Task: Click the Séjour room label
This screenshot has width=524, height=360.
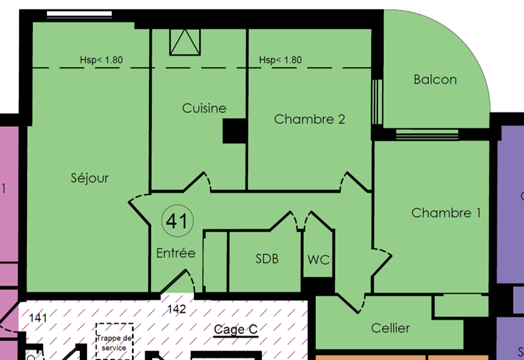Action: tap(89, 178)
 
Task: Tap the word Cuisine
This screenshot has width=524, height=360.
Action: tap(204, 108)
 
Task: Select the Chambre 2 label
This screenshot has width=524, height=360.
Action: tap(310, 119)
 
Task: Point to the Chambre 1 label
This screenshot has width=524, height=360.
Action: tap(446, 213)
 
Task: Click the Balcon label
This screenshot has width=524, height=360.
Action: tap(435, 79)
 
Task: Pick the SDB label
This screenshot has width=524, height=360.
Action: tap(267, 258)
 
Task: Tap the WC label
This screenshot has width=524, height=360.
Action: tap(318, 260)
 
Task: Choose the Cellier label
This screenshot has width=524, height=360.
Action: tap(390, 328)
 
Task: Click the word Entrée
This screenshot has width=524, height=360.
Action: tap(176, 253)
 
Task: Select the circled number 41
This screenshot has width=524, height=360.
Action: tap(177, 221)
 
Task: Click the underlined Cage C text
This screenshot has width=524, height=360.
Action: tap(235, 330)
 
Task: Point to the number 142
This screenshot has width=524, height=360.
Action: tap(176, 309)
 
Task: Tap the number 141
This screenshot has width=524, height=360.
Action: tap(38, 318)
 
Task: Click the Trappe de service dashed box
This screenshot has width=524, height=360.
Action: tap(114, 342)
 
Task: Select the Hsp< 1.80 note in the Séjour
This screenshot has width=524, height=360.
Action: tap(102, 60)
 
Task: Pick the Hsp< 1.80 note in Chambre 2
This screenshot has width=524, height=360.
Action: tap(280, 60)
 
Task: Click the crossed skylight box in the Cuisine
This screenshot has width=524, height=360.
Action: tap(185, 42)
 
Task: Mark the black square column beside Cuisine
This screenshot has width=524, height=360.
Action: tap(235, 131)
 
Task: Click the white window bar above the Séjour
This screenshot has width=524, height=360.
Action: tap(79, 14)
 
